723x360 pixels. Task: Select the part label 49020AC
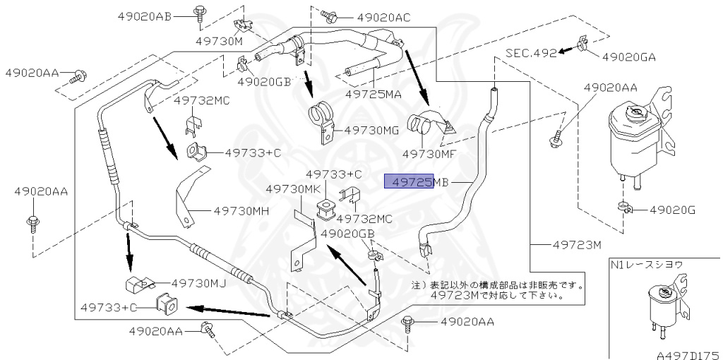point(383,17)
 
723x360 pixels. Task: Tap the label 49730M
point(219,41)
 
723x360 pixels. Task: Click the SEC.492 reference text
point(530,52)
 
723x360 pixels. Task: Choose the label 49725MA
point(373,93)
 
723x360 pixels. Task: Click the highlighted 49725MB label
point(416,182)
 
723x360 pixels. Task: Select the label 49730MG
point(373,131)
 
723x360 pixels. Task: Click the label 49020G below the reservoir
point(672,210)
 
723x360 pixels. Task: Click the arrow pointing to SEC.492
point(567,50)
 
